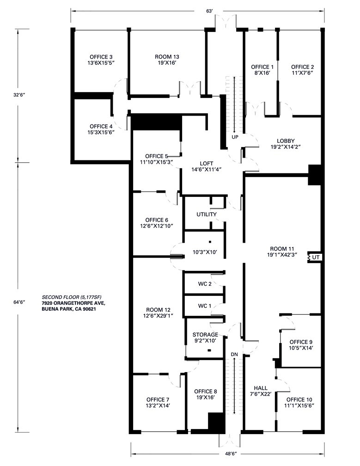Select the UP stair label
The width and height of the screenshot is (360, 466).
coord(235,137)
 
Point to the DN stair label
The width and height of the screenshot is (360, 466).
coord(235,354)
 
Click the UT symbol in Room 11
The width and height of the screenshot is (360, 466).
coord(314,257)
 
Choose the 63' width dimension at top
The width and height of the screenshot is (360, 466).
coord(210,11)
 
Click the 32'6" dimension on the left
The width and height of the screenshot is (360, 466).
coord(18,95)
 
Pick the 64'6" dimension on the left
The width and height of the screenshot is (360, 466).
coord(18,302)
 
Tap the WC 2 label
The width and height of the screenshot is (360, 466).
coord(205,284)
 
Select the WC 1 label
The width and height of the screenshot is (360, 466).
coord(205,306)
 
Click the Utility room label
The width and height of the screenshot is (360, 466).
coord(207,215)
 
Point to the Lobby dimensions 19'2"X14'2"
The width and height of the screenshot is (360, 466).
coord(286,147)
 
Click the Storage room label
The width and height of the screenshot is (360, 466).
coord(205,335)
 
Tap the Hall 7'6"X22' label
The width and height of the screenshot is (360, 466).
coord(261,391)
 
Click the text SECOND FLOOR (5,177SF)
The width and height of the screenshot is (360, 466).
coord(73,297)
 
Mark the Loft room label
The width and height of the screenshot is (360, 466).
coord(207,164)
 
